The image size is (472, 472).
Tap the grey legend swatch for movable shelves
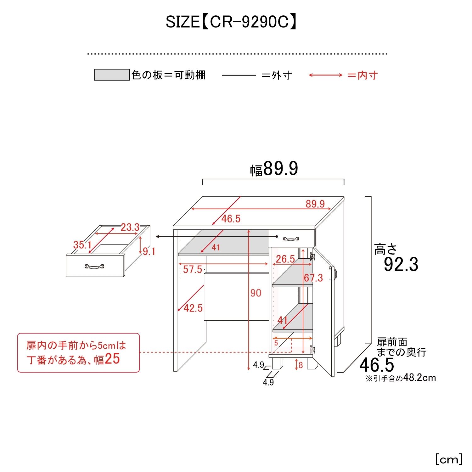click(112, 75)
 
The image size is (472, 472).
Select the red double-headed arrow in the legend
click(325, 75)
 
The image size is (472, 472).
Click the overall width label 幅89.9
click(274, 169)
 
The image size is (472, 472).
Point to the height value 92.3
click(401, 264)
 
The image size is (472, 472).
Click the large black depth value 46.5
click(377, 365)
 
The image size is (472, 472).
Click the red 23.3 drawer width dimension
click(130, 227)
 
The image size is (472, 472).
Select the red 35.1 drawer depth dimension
click(82, 244)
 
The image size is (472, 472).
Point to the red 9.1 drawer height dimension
click(149, 251)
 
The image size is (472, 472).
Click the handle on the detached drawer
click(94, 267)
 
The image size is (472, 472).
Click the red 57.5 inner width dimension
click(192, 269)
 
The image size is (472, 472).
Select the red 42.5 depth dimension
click(193, 308)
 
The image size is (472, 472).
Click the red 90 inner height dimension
click(256, 293)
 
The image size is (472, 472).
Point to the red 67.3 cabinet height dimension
click(313, 278)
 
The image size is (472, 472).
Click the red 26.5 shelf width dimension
click(285, 259)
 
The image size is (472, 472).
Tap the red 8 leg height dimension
click(301, 365)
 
